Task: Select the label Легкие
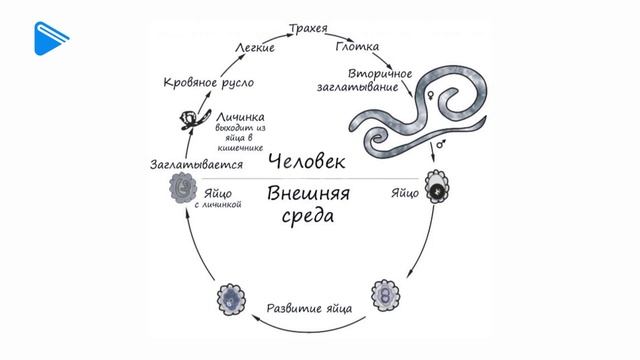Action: pos(255,47)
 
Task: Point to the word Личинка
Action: pos(241,117)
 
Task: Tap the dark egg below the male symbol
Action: pos(436,188)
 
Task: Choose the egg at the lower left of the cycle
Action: pos(229,297)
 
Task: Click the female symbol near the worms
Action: pos(431,96)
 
